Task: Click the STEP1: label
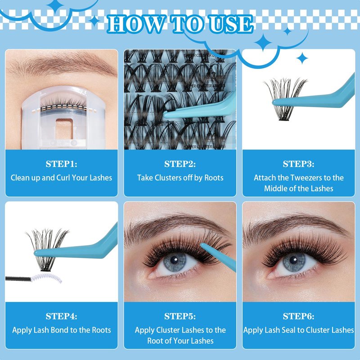61,164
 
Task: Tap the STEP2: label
180,164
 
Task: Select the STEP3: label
298,164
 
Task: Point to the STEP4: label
61,316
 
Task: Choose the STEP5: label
180,316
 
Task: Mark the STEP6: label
298,316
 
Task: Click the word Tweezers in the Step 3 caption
304,178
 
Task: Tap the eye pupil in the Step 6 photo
293,260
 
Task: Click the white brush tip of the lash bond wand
46,278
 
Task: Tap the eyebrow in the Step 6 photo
296,226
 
